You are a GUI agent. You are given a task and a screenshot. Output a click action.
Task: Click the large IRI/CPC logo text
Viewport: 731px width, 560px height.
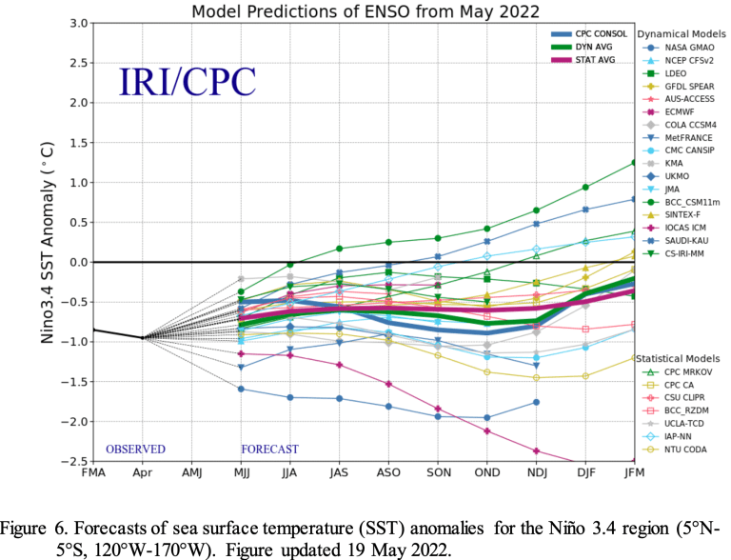(x=187, y=81)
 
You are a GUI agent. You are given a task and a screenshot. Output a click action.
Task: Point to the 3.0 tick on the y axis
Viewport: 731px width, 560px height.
(x=78, y=23)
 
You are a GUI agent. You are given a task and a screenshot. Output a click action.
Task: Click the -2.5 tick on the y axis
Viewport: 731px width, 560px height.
(x=74, y=461)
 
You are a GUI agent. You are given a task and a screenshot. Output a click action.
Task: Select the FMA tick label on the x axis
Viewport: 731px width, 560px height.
(x=93, y=473)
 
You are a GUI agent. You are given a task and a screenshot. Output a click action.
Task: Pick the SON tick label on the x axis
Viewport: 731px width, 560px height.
(x=438, y=473)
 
